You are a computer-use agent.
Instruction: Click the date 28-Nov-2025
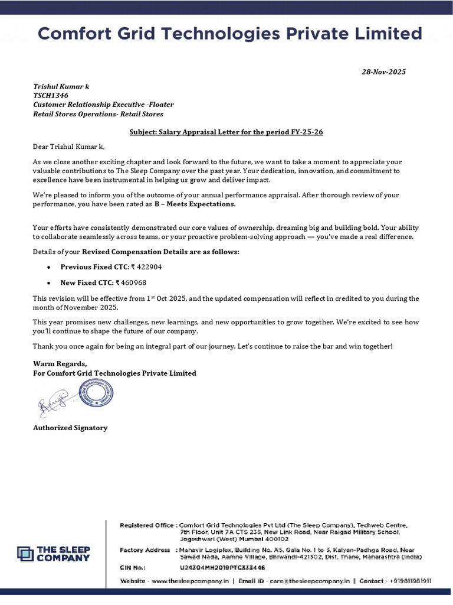(x=383, y=72)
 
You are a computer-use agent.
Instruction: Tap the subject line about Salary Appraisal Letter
(x=226, y=132)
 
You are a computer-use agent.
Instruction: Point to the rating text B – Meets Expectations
(x=195, y=204)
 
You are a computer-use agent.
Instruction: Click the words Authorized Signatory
(x=70, y=428)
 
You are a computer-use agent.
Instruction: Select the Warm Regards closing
(x=60, y=363)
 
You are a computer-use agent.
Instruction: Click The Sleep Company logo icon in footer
(x=25, y=553)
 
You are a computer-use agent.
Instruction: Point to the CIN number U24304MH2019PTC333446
(x=218, y=567)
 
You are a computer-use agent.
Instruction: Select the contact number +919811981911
(x=410, y=581)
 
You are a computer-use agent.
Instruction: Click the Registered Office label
(x=147, y=525)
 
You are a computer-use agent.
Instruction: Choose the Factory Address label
(x=145, y=550)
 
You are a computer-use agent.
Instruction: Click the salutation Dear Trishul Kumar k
(x=68, y=146)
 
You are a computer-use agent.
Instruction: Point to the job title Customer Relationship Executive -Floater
(x=103, y=105)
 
